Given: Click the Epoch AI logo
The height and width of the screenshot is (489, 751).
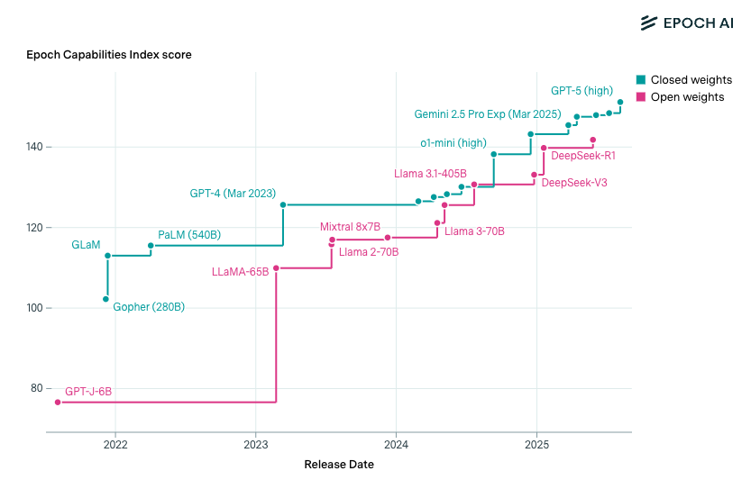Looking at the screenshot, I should (x=686, y=23).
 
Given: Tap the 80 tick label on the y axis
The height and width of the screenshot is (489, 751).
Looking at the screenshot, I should (x=37, y=388).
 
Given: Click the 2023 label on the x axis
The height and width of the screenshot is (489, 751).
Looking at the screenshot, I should (x=256, y=445).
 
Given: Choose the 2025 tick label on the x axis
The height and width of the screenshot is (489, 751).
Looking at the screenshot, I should (x=536, y=445).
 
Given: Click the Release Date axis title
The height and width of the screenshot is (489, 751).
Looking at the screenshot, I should (x=339, y=465).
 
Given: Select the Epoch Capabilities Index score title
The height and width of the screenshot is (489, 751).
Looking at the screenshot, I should (x=108, y=55).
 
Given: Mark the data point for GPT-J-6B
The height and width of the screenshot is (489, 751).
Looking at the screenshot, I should (x=58, y=403).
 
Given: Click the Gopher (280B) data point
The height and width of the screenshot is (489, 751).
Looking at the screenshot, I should (x=106, y=299).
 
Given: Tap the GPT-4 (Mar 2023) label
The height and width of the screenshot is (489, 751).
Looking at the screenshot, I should (x=233, y=194).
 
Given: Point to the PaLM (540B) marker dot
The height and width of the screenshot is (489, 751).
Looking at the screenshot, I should (x=151, y=245).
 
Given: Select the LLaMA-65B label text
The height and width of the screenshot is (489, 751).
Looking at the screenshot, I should (x=240, y=271).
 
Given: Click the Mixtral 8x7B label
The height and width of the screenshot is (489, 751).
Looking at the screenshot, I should (x=350, y=227).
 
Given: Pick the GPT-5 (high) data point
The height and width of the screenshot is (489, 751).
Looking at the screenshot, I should (x=620, y=102).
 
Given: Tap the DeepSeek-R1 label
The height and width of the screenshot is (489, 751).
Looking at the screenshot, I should (x=582, y=156).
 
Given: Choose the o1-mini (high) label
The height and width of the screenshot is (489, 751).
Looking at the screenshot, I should (x=453, y=143).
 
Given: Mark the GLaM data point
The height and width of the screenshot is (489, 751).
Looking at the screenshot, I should (x=107, y=256).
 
